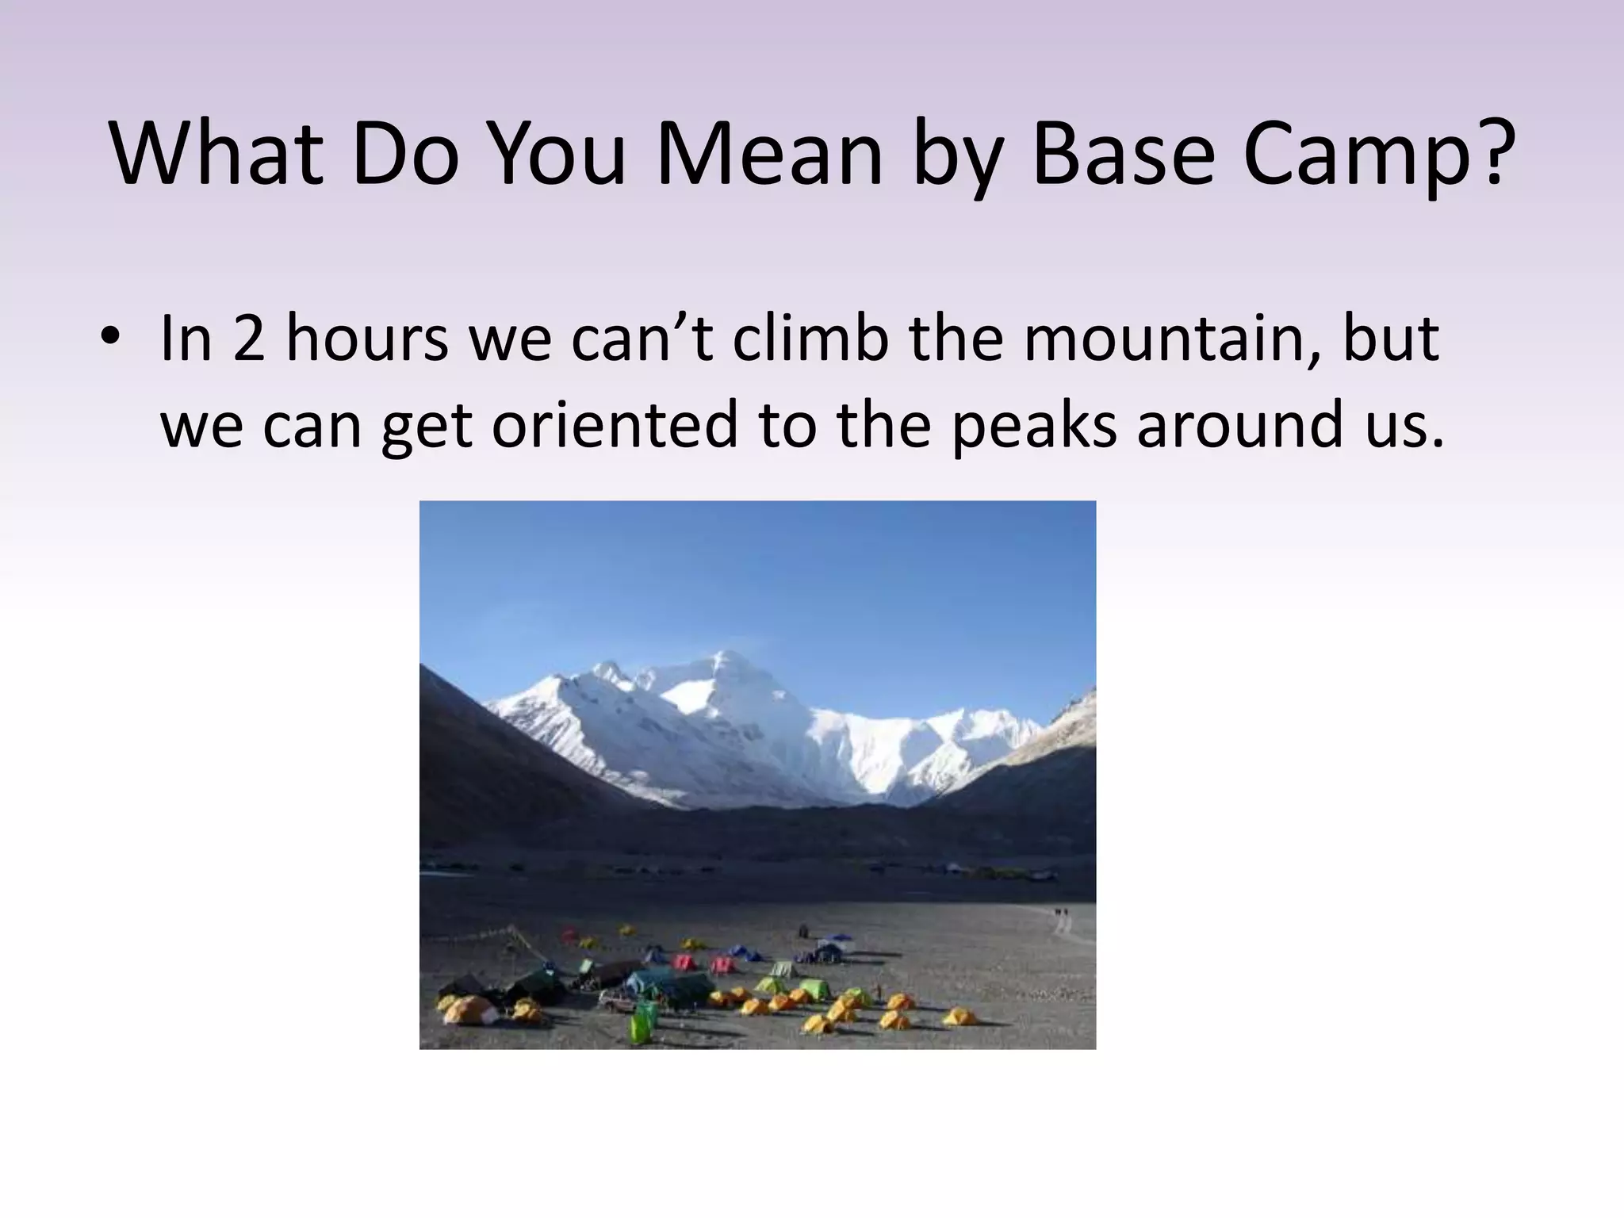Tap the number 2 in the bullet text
pyautogui.click(x=249, y=339)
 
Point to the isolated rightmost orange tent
pyautogui.click(x=959, y=1015)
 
